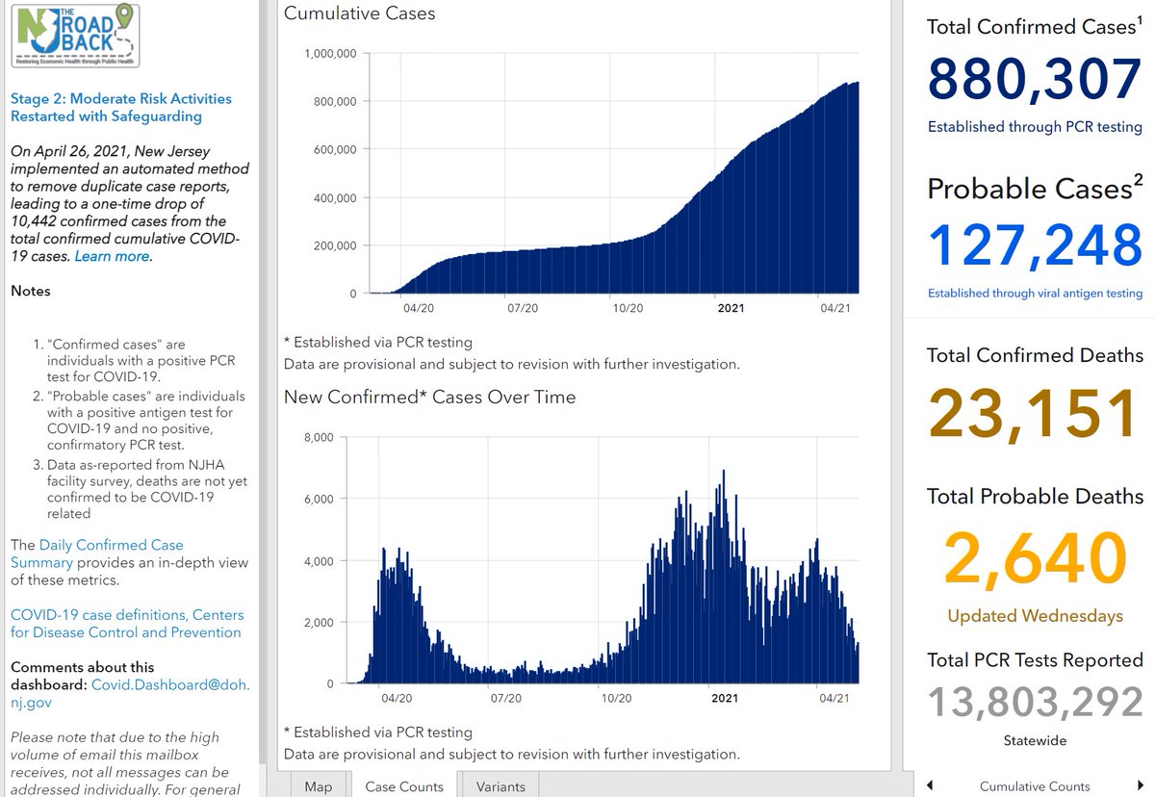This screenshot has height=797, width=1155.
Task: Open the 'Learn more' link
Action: (112, 256)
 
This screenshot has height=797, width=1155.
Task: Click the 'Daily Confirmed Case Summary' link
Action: (96, 553)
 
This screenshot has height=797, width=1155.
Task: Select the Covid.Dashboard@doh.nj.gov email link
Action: (169, 684)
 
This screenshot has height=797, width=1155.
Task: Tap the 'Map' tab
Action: (318, 786)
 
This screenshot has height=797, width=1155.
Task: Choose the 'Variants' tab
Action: (500, 786)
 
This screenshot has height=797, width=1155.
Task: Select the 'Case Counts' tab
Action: (404, 786)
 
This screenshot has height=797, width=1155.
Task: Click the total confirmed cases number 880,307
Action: (1034, 80)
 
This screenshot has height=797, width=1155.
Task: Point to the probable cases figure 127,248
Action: (1034, 244)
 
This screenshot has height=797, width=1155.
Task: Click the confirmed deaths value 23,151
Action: (1034, 415)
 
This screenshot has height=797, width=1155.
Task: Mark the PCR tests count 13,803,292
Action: (1034, 703)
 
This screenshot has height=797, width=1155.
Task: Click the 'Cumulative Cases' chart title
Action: (359, 13)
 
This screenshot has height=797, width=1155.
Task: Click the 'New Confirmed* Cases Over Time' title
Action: (429, 397)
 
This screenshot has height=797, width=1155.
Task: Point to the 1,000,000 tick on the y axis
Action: (330, 53)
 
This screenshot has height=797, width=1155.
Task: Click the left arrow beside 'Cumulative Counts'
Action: (930, 785)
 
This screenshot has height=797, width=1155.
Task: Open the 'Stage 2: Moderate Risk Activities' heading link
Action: (120, 107)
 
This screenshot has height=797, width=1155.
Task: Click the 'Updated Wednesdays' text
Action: (1034, 616)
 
